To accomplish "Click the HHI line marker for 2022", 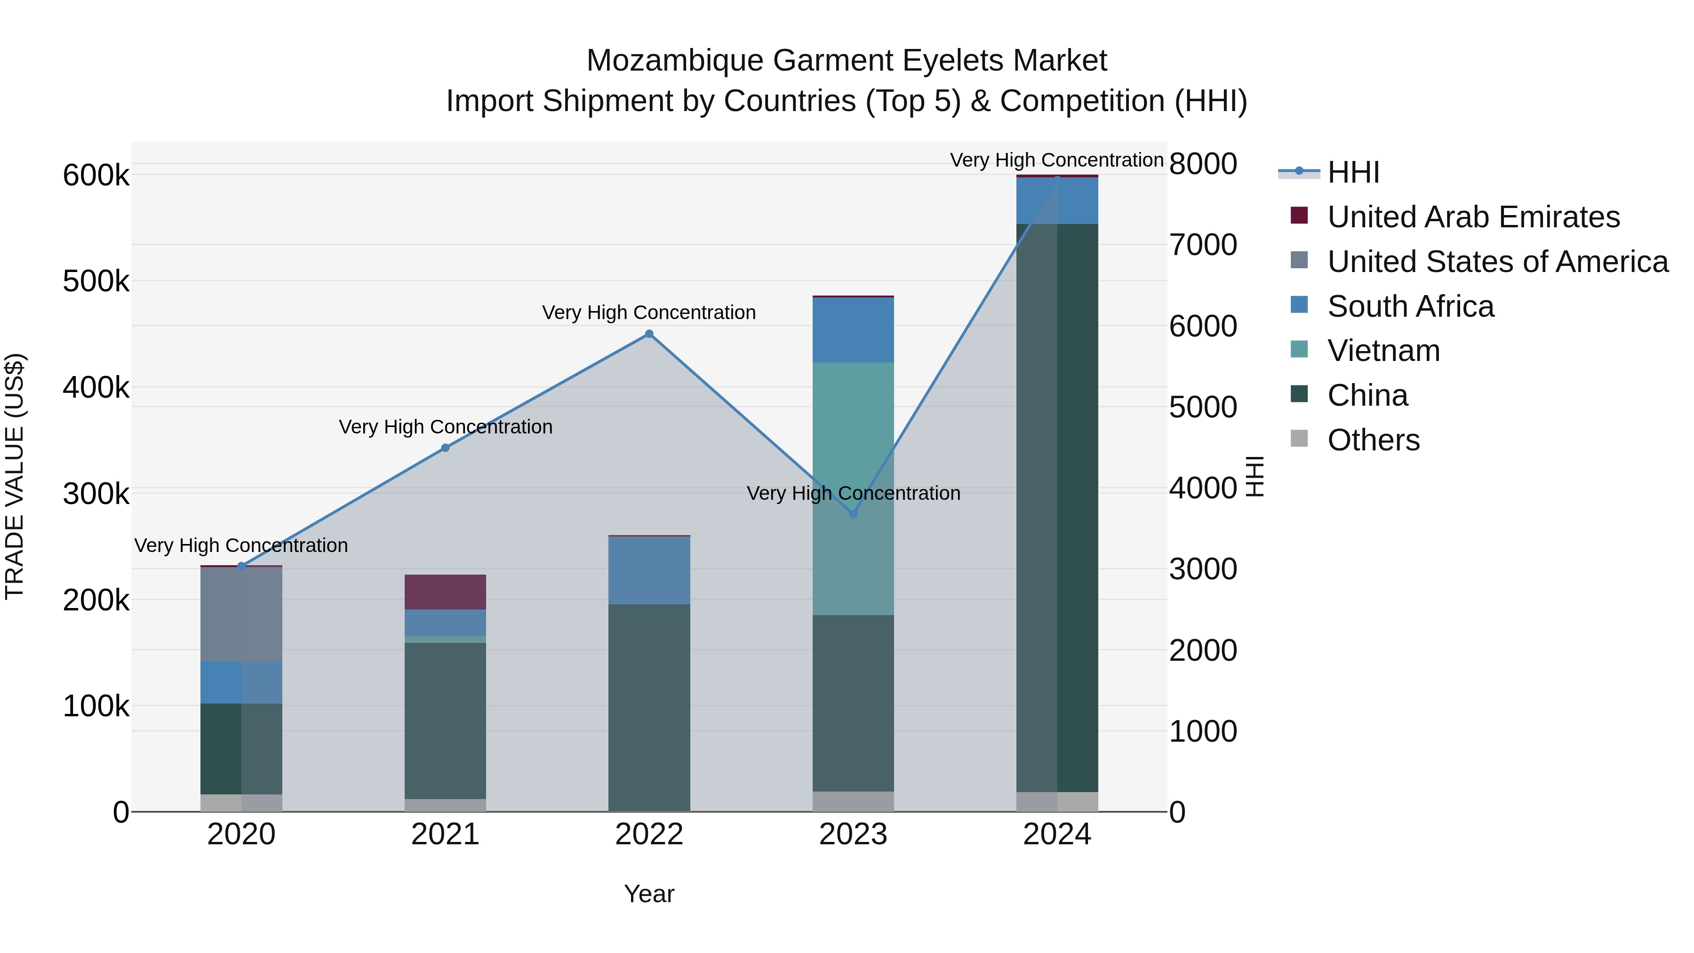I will [x=649, y=334].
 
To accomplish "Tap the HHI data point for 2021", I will [x=445, y=448].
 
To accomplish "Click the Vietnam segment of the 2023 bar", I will [x=853, y=488].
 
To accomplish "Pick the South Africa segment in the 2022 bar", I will [x=649, y=570].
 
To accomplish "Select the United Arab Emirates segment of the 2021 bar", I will [x=445, y=592].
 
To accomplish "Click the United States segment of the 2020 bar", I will [x=241, y=614].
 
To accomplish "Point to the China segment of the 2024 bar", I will [x=1057, y=506].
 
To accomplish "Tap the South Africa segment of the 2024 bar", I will [x=1057, y=200].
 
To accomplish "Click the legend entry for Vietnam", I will [x=1383, y=351].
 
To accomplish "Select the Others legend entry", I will [x=1373, y=440].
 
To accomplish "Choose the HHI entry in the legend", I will [x=1353, y=172].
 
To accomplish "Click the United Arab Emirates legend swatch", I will [x=1299, y=215].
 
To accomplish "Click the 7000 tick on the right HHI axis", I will [x=1203, y=245].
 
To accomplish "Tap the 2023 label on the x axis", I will [x=853, y=834].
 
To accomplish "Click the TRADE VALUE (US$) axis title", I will [x=15, y=476].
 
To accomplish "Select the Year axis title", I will [x=649, y=894].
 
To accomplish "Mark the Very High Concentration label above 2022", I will [x=649, y=312].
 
